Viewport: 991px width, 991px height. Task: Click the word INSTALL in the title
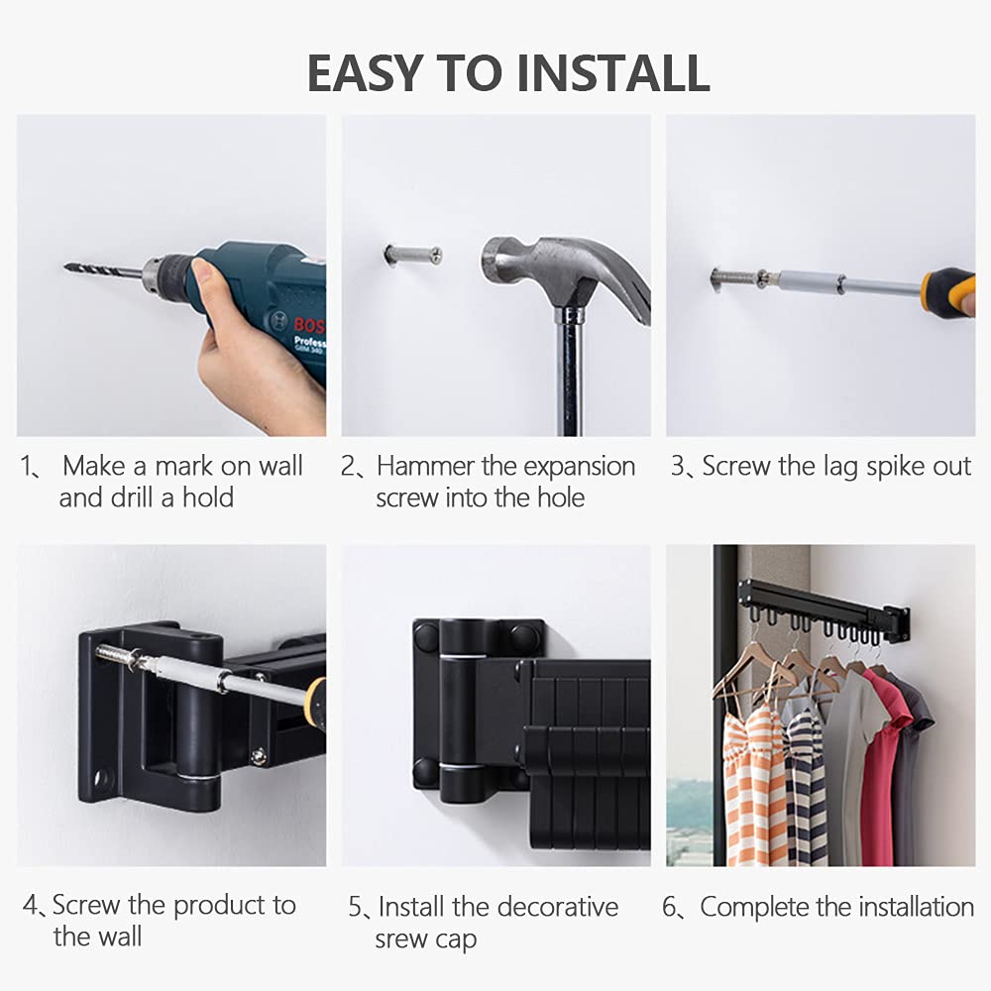coord(612,73)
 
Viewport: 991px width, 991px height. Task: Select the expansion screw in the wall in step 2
coord(412,255)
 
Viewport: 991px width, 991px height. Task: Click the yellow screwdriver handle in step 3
coord(948,292)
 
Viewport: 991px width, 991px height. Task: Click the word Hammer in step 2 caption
coord(425,467)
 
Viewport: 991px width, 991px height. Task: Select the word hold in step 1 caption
coord(208,497)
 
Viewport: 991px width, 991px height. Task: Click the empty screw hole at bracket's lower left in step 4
coord(101,776)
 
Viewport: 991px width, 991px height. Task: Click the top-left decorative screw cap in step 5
coord(426,634)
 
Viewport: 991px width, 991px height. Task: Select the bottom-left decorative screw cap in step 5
coord(425,772)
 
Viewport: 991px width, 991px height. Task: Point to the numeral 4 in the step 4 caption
coord(30,905)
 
